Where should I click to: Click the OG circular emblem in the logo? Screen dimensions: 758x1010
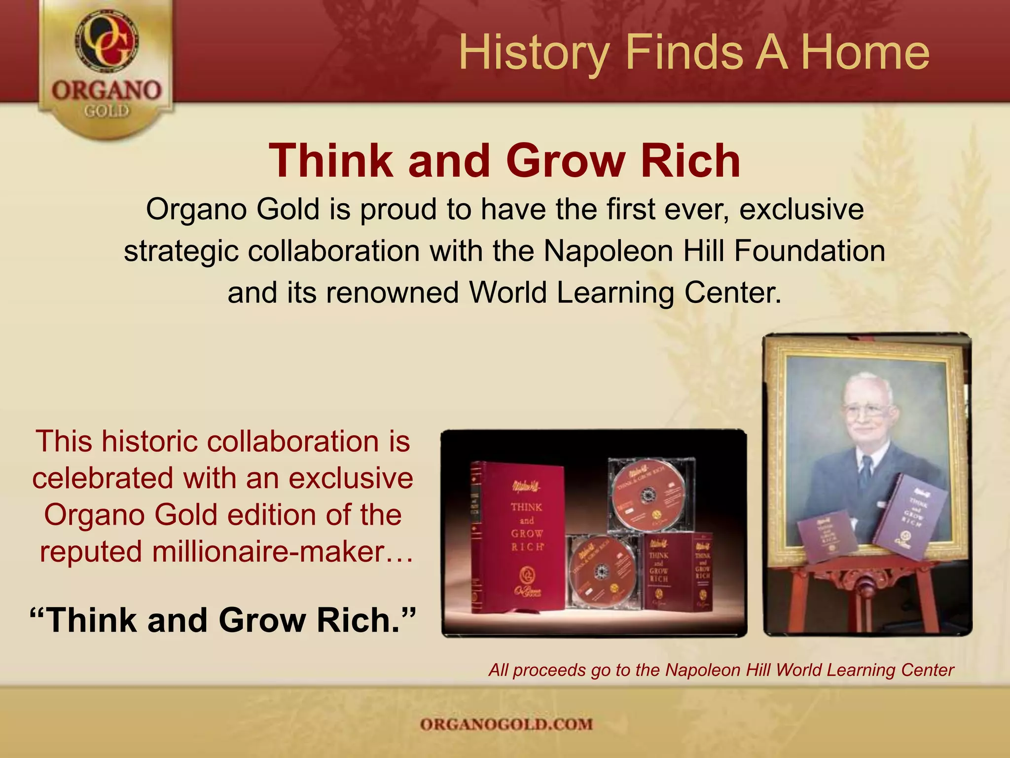click(x=107, y=42)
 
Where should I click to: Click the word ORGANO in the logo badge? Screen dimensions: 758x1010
click(x=107, y=91)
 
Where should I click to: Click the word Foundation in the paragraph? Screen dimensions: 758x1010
click(x=810, y=251)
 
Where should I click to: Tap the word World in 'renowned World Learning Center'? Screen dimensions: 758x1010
click(x=507, y=292)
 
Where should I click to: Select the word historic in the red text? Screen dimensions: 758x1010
click(x=151, y=441)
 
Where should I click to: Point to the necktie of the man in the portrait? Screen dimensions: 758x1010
click(x=866, y=471)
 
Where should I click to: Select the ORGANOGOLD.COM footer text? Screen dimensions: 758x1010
click(x=506, y=724)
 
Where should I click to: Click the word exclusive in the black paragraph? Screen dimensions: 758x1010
click(x=801, y=209)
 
